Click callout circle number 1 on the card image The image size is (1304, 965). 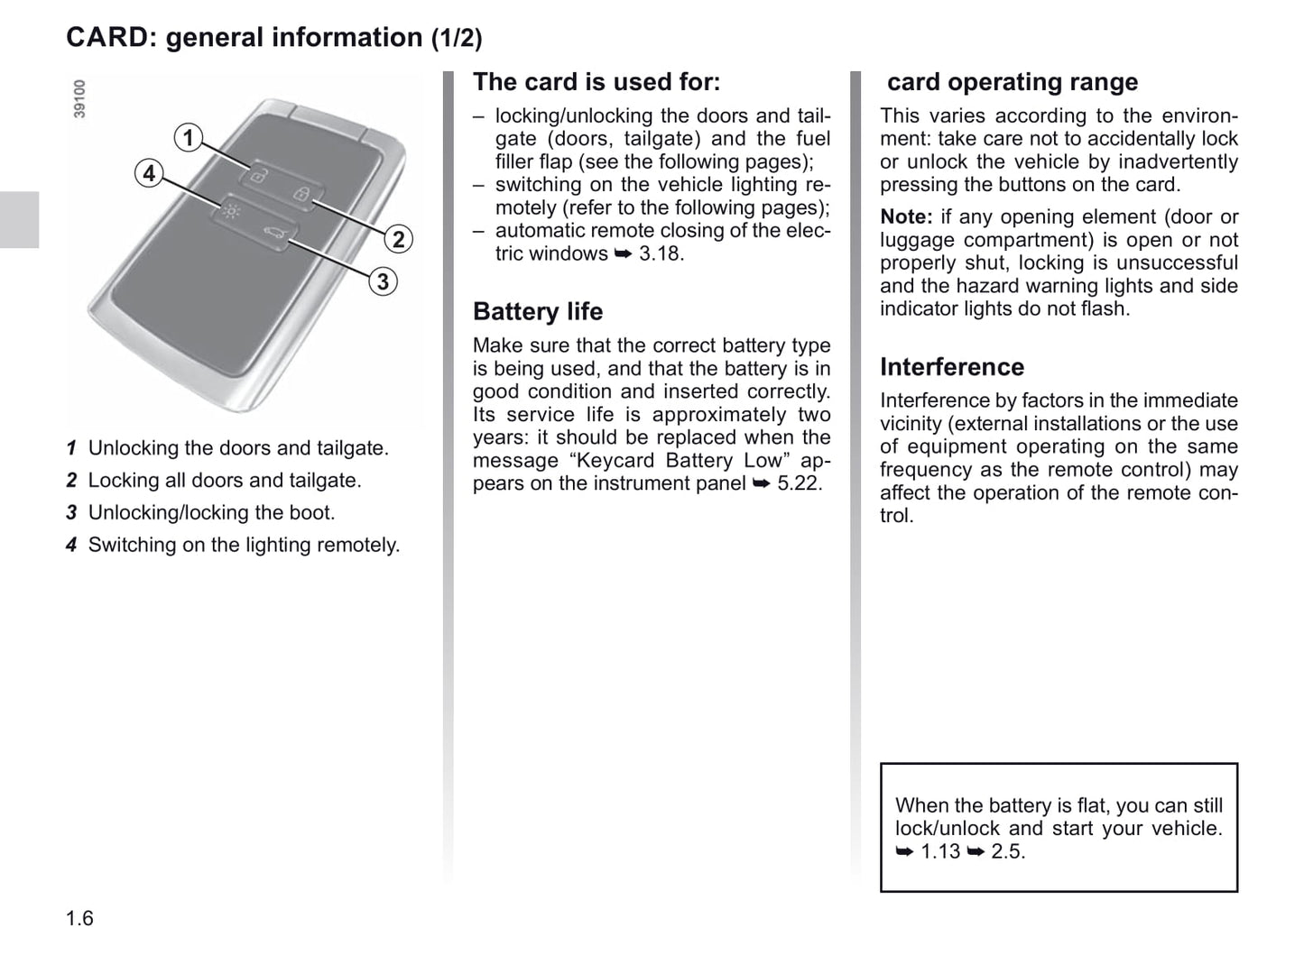pos(188,137)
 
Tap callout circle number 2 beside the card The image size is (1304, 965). pos(397,239)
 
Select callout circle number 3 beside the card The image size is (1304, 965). pos(383,281)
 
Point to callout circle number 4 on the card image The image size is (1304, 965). pos(149,173)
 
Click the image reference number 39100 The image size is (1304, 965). pos(79,99)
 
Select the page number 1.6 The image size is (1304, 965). pos(79,918)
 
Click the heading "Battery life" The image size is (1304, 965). pos(538,311)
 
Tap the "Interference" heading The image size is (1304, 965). pos(952,367)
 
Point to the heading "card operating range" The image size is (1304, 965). pos(1012,82)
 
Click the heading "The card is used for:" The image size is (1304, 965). pos(597,82)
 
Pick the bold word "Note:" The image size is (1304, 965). pos(906,217)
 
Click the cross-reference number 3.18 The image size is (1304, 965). pos(661,253)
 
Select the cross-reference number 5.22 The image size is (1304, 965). pos(800,483)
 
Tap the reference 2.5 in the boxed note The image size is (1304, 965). pos(1007,851)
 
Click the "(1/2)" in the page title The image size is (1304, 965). pos(457,38)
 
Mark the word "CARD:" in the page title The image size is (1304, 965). pos(112,38)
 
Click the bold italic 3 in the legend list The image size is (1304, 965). pos(71,513)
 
